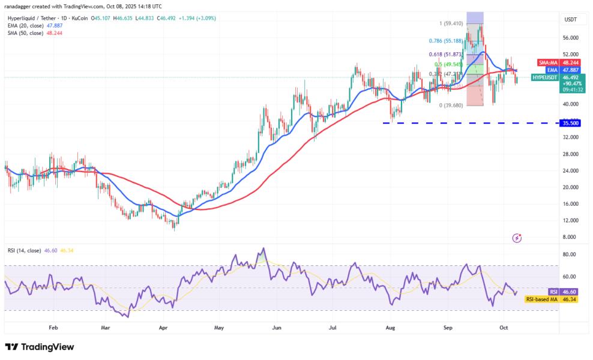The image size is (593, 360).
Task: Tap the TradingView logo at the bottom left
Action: pyautogui.click(x=40, y=347)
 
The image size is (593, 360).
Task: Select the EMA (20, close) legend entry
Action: pyautogui.click(x=35, y=26)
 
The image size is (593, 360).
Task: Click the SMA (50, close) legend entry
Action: pyautogui.click(x=35, y=33)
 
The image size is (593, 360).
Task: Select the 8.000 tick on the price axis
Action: pyautogui.click(x=568, y=237)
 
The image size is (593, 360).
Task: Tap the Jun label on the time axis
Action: pyautogui.click(x=277, y=328)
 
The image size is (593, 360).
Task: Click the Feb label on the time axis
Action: pyautogui.click(x=53, y=328)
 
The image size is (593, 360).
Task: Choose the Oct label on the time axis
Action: pyautogui.click(x=504, y=328)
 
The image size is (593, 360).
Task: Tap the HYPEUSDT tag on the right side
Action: pyautogui.click(x=545, y=77)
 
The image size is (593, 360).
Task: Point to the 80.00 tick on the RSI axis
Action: pyautogui.click(x=568, y=254)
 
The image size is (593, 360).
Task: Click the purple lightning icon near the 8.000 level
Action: pyautogui.click(x=517, y=238)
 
